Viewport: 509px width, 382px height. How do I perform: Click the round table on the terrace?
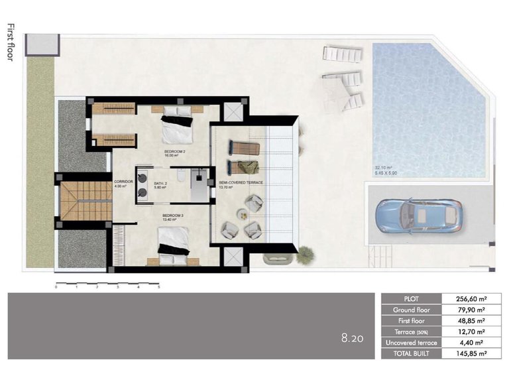[x=242, y=214]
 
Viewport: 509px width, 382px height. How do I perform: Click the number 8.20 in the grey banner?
[x=353, y=338]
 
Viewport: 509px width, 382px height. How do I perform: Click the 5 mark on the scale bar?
[x=159, y=288]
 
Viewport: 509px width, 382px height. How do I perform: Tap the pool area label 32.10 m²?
[x=384, y=167]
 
